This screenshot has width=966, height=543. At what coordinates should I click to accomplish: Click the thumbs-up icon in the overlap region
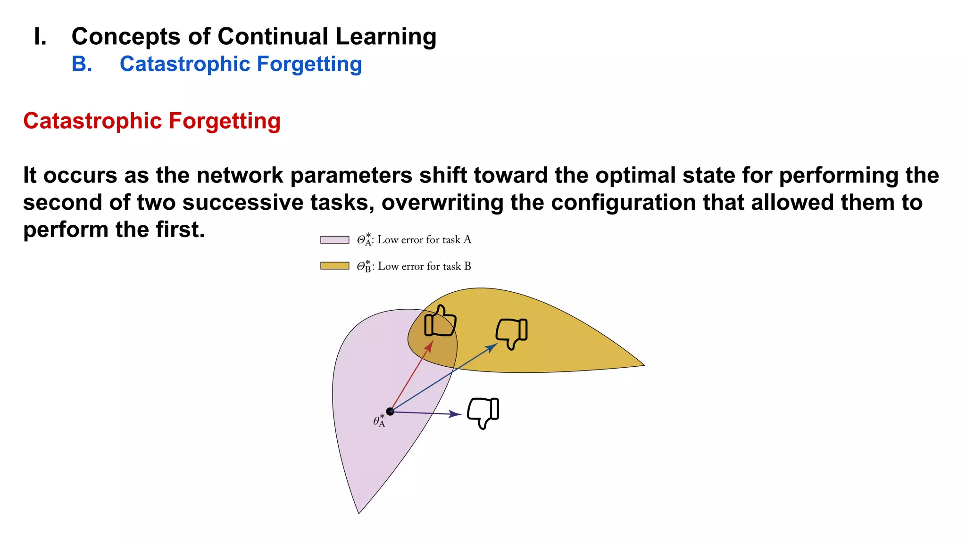click(440, 322)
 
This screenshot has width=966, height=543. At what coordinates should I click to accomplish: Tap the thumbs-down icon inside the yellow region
click(512, 333)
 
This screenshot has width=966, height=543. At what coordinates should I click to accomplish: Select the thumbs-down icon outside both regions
click(483, 412)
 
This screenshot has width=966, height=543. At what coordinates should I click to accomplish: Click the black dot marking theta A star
click(390, 411)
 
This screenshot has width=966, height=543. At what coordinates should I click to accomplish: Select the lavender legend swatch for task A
click(334, 239)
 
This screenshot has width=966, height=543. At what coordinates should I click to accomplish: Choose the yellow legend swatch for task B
click(334, 266)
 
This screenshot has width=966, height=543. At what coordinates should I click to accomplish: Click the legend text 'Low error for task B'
click(424, 266)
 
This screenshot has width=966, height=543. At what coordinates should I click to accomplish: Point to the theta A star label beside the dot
click(379, 420)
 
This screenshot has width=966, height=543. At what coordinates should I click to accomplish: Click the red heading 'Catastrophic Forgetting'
click(152, 121)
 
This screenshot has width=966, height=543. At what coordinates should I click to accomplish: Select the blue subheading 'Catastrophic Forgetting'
click(241, 64)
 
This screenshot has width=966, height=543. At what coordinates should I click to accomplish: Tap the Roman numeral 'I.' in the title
click(41, 36)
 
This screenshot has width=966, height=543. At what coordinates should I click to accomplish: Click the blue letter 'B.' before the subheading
click(82, 64)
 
